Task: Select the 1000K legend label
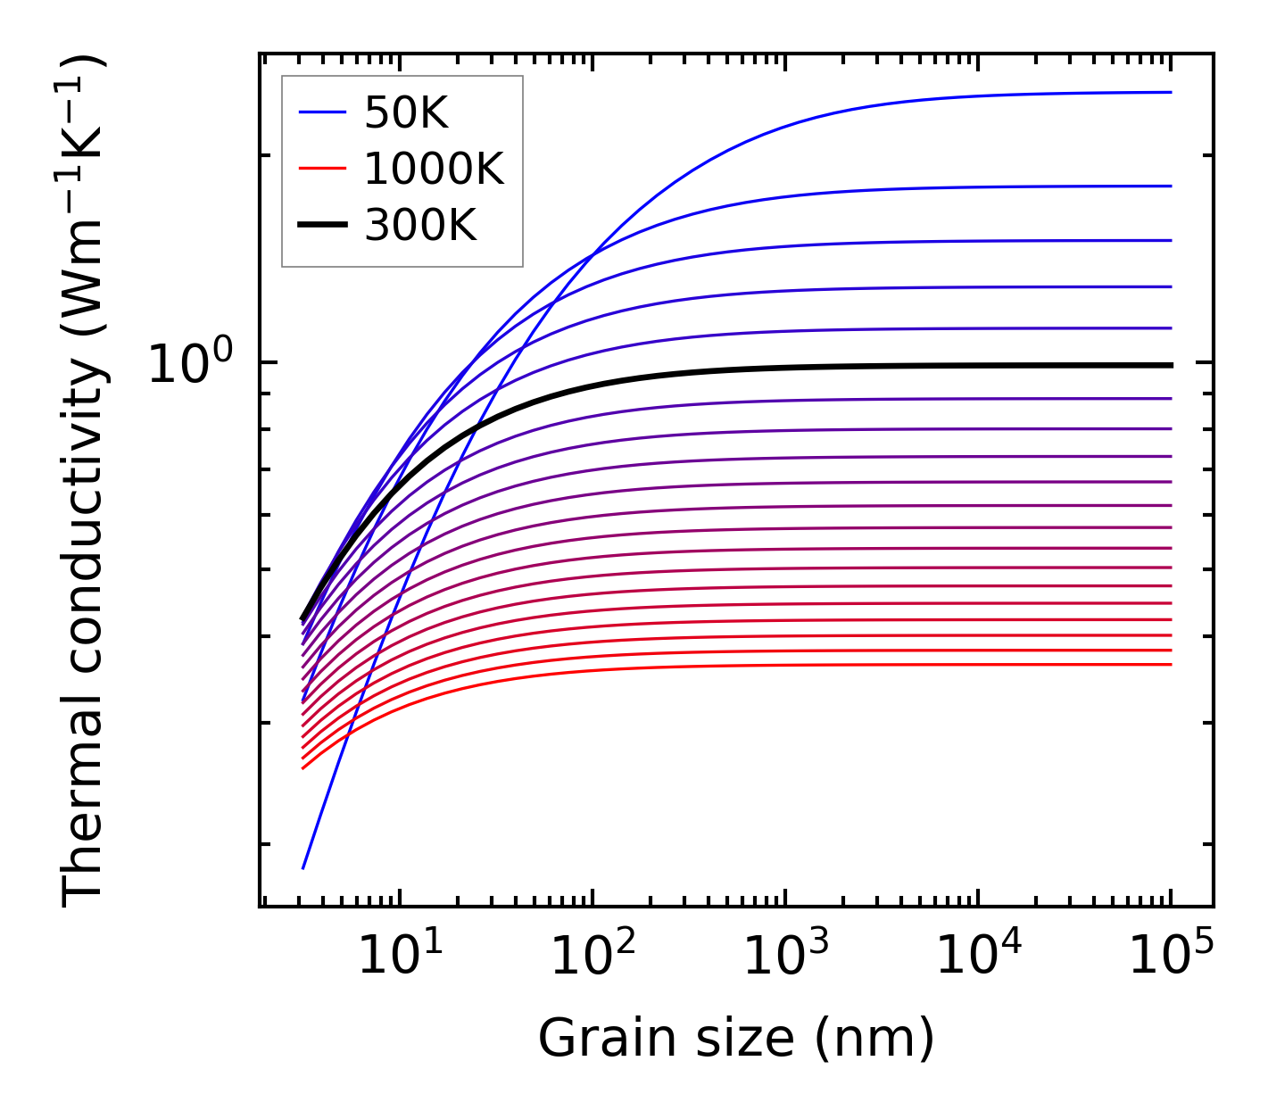click(434, 169)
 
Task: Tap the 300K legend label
click(420, 226)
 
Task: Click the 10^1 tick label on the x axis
click(401, 958)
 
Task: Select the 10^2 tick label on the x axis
click(593, 958)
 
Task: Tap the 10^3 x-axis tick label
click(786, 958)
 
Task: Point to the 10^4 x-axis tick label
click(979, 958)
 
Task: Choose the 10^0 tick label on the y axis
click(190, 364)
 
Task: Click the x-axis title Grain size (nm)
click(736, 1039)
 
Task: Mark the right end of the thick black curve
click(1170, 365)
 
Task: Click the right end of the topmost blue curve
click(1170, 92)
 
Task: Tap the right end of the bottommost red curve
click(1170, 664)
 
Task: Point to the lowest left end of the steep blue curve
click(303, 867)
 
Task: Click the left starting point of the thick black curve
click(302, 618)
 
